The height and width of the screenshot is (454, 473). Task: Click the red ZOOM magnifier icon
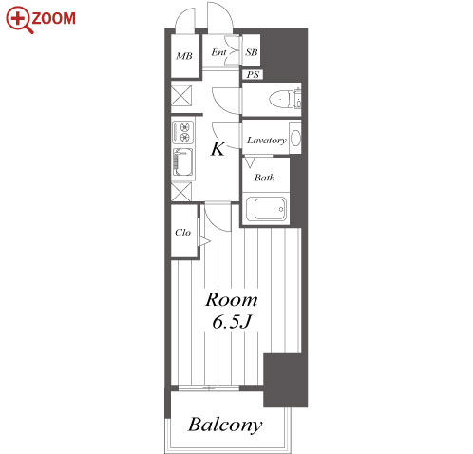coord(20,20)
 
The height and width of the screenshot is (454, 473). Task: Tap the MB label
coord(184,56)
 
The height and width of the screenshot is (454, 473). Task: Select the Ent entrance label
coord(218,52)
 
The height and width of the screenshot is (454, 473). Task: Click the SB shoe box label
coord(252,52)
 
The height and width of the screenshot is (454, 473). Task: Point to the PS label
coord(253,75)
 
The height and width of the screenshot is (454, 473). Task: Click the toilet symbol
coord(285,99)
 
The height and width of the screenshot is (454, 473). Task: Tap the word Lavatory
coord(266,140)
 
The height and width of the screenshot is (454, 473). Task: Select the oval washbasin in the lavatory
coord(295,138)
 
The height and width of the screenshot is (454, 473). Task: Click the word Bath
coord(264,178)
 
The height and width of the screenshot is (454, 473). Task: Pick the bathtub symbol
coord(266,209)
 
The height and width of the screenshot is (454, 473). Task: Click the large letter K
coord(218,149)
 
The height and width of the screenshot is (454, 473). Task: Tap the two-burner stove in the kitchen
coord(182,132)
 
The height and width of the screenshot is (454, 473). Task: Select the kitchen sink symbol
coord(182,162)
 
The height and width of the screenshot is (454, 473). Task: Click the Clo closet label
coord(182,233)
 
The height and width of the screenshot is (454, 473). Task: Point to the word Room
coord(232,300)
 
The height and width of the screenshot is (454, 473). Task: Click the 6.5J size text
coord(232,322)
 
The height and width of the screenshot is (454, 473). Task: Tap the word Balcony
coord(225,425)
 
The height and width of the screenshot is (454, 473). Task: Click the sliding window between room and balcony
coord(209,388)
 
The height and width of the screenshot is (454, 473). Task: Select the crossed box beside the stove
coord(181,96)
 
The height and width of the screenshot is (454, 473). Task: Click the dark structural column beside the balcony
coord(286,380)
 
